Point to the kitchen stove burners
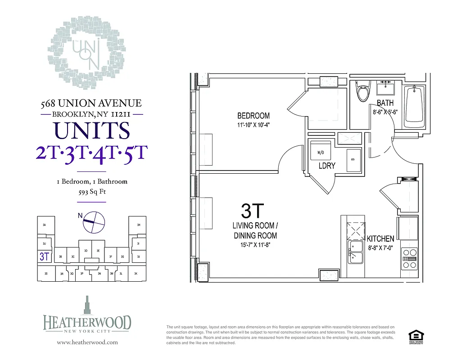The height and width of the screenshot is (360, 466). click(x=410, y=259)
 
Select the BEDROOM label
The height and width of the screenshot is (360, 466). click(x=253, y=116)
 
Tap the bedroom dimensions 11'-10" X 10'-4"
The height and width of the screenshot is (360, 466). click(x=253, y=125)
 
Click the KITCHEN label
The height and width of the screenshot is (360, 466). click(x=380, y=238)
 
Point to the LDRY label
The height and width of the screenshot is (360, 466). click(x=327, y=166)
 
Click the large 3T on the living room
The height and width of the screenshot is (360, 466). click(x=253, y=211)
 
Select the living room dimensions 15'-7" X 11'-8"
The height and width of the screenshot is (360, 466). click(x=255, y=245)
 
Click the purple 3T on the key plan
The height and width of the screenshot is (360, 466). click(x=44, y=257)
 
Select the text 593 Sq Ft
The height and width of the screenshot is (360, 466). click(x=92, y=192)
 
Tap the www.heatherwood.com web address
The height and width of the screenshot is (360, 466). click(x=87, y=342)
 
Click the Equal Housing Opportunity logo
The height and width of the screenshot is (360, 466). click(x=415, y=337)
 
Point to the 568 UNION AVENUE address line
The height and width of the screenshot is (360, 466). click(x=91, y=103)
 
